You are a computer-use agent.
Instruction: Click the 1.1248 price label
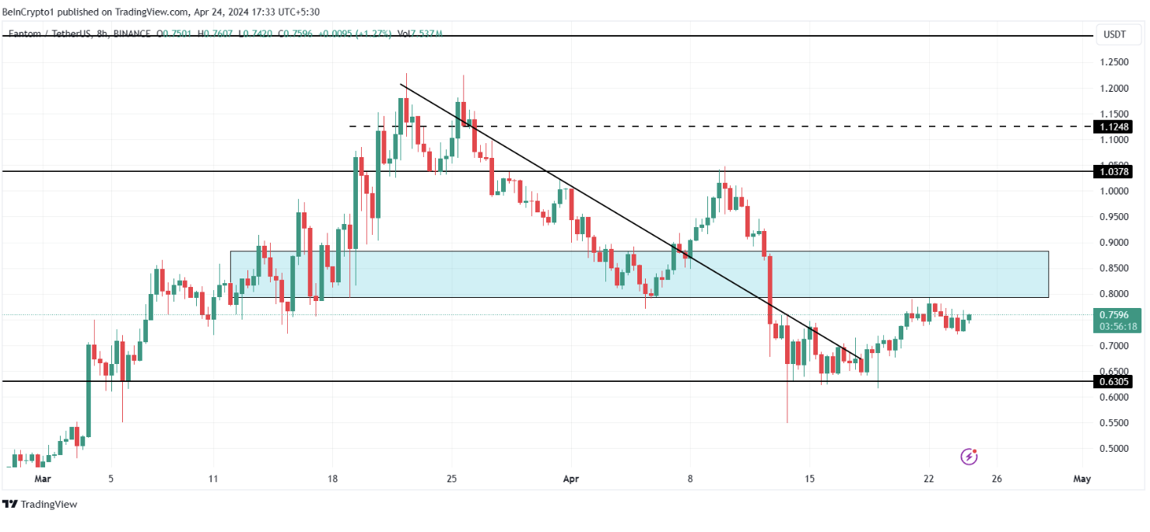pyautogui.click(x=1114, y=127)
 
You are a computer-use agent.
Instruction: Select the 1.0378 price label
pyautogui.click(x=1114, y=171)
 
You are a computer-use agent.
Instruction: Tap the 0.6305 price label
pyautogui.click(x=1114, y=382)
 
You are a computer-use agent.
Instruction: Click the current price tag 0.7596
pyautogui.click(x=1114, y=315)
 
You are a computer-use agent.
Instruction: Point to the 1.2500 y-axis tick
pyautogui.click(x=1114, y=62)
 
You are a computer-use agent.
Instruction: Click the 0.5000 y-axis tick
pyautogui.click(x=1114, y=449)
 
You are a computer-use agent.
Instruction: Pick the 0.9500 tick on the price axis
pyautogui.click(x=1114, y=217)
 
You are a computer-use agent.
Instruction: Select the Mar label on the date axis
pyautogui.click(x=44, y=479)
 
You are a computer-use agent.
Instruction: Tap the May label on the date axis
pyautogui.click(x=1082, y=479)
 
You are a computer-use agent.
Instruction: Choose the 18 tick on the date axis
pyautogui.click(x=332, y=479)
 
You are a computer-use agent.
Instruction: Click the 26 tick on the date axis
pyautogui.click(x=997, y=479)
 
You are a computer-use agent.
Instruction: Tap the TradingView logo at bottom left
pyautogui.click(x=40, y=504)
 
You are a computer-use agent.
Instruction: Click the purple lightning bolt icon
pyautogui.click(x=969, y=457)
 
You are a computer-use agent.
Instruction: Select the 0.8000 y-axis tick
pyautogui.click(x=1114, y=294)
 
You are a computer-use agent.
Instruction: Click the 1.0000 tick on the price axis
pyautogui.click(x=1114, y=191)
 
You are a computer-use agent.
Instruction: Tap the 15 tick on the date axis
pyautogui.click(x=809, y=479)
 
